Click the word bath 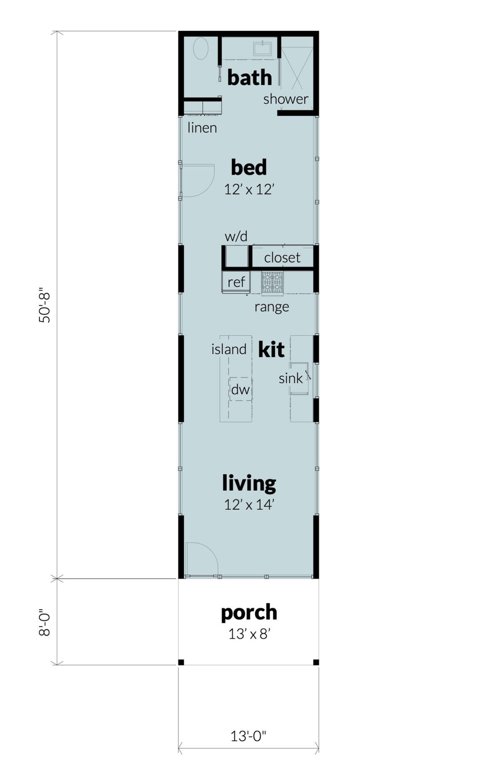pos(249,78)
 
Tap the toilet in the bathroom pos(201,49)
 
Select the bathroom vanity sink pos(262,48)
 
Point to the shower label pos(286,99)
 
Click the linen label pos(202,128)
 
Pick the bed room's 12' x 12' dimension pos(249,190)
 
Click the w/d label pos(236,237)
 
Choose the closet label pos(282,257)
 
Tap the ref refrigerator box pos(236,282)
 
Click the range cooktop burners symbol pos(272,282)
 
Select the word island pos(229,349)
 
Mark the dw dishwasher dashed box pos(240,389)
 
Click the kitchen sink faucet pos(308,375)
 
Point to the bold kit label pos(271,349)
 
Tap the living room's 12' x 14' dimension pos(249,504)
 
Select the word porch pos(249,612)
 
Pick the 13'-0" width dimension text pos(248,736)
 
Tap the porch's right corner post pos(316,662)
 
